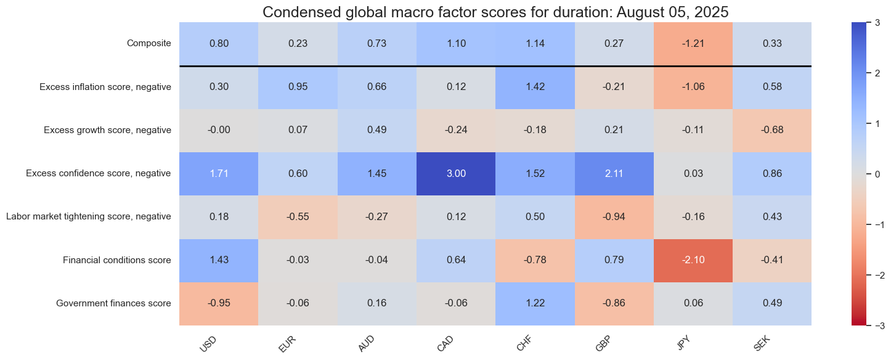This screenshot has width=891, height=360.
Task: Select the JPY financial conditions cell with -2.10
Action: tap(693, 260)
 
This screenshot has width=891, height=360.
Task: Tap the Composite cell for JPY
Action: tap(693, 44)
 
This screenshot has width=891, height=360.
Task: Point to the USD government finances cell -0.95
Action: tap(219, 303)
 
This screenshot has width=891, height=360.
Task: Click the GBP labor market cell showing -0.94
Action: tap(614, 217)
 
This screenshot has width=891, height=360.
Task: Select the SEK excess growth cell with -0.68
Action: tap(771, 130)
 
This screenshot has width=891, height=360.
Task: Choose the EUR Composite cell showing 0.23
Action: tap(298, 44)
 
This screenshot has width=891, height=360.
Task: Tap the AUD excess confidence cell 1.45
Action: tap(376, 173)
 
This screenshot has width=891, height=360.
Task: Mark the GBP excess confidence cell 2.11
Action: tap(614, 173)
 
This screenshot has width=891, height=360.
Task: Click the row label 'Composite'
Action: tap(148, 44)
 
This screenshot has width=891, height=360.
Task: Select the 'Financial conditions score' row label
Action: tap(116, 260)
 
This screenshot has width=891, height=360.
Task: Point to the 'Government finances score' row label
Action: tap(113, 303)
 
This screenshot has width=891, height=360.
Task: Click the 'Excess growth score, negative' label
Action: tap(107, 130)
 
